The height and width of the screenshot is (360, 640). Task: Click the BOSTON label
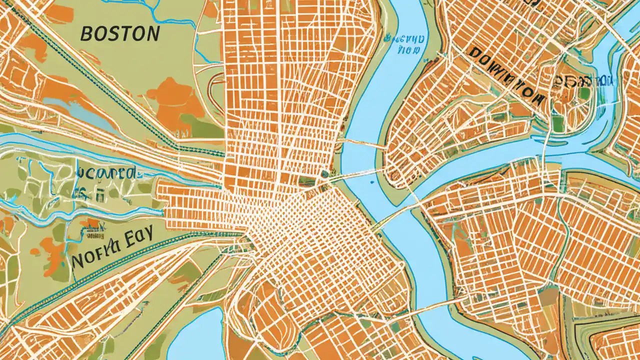tap(120, 34)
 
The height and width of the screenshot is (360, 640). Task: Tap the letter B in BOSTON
tap(86, 34)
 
